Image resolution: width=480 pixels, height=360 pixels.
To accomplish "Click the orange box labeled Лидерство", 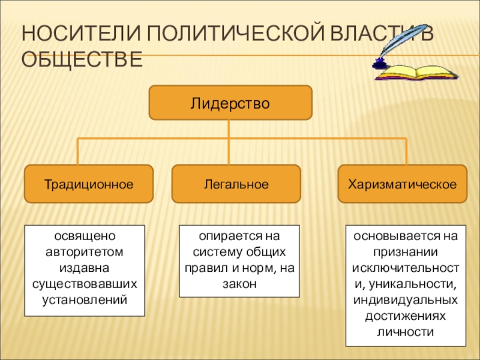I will [x=230, y=103].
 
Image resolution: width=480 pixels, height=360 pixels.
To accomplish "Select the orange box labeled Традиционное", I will [x=88, y=184].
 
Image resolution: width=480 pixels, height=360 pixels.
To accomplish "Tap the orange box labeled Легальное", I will [x=236, y=184].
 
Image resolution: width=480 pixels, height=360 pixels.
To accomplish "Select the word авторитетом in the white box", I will [x=85, y=251].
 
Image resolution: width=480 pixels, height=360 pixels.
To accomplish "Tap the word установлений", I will [x=85, y=298].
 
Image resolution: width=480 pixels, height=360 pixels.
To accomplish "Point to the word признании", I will [x=406, y=251].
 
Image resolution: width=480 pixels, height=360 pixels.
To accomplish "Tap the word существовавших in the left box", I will [x=85, y=282].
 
